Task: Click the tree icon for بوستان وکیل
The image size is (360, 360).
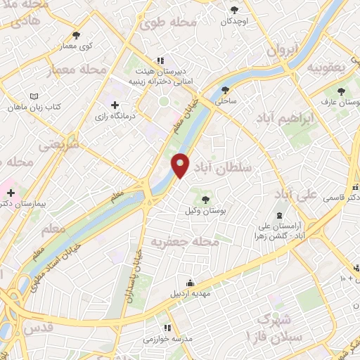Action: (x=205, y=200)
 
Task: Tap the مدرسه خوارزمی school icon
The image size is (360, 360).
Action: (x=167, y=328)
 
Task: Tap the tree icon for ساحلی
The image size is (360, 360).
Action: (x=226, y=90)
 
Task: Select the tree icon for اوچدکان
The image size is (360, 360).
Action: (x=234, y=10)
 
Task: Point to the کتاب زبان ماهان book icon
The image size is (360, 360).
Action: (x=35, y=97)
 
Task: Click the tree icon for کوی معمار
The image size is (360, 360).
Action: (x=76, y=34)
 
